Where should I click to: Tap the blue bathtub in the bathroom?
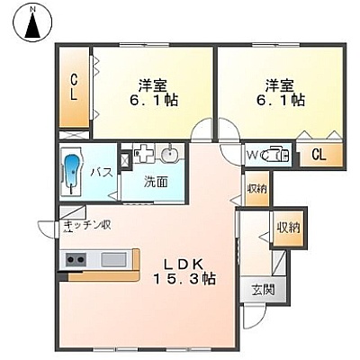click(x=71, y=172)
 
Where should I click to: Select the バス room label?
click(x=103, y=173)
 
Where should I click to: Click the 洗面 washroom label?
click(x=156, y=183)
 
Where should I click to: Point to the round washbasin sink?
click(x=170, y=155)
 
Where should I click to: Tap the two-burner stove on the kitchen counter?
click(x=76, y=259)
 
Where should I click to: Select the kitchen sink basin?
click(x=113, y=259)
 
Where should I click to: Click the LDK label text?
click(x=184, y=264)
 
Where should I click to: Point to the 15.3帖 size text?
click(x=184, y=279)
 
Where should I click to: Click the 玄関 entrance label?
click(x=263, y=290)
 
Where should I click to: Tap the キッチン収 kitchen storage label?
click(x=88, y=226)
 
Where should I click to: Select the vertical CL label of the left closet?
click(x=74, y=87)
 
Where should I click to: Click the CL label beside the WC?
click(x=319, y=155)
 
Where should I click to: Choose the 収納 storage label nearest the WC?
click(x=256, y=189)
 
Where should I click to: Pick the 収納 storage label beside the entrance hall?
click(x=288, y=229)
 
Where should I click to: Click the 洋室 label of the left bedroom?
click(x=153, y=85)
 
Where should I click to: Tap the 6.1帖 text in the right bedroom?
click(x=281, y=100)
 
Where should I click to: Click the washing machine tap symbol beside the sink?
click(x=143, y=153)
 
